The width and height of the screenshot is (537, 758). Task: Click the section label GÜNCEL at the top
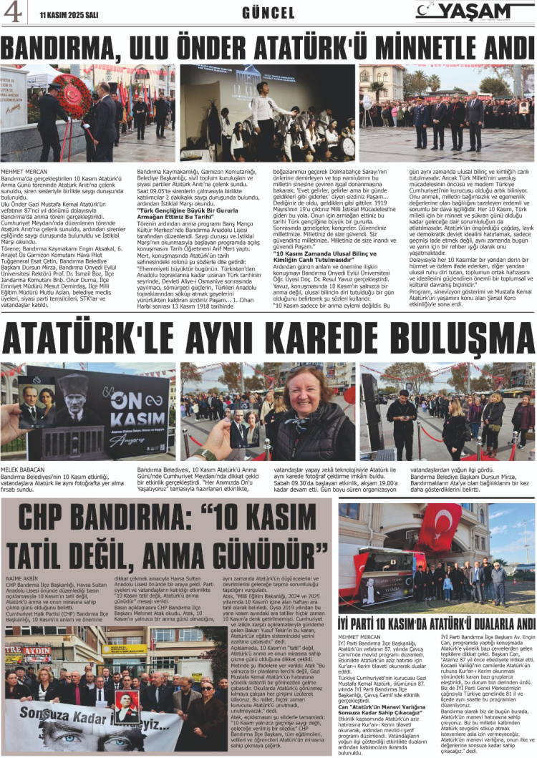[x=268, y=12]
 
